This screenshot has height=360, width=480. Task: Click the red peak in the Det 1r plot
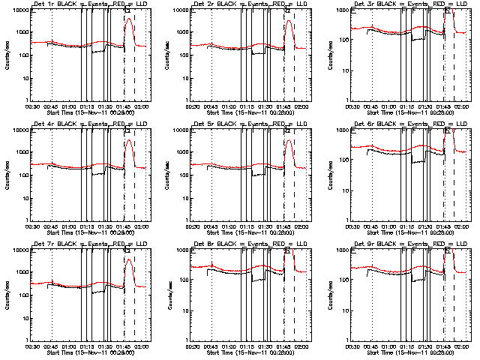click(x=129, y=19)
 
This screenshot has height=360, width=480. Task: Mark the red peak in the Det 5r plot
click(x=289, y=140)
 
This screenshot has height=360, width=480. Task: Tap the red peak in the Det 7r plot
click(x=129, y=260)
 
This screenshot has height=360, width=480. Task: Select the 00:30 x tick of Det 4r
click(x=31, y=226)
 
